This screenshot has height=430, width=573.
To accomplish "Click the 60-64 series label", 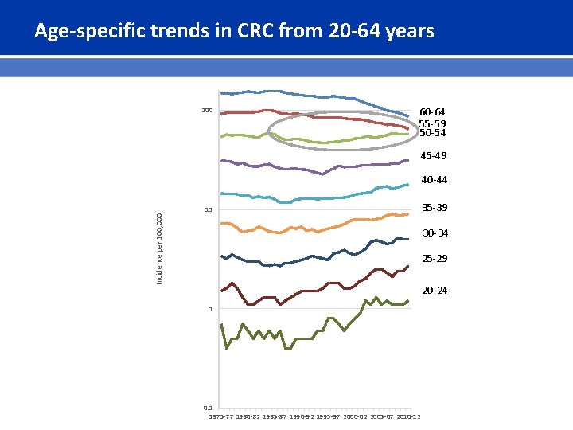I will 432,112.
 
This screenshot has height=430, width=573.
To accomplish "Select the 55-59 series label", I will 432,123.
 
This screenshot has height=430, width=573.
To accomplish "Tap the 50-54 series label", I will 432,134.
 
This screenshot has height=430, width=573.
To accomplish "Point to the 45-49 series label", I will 434,156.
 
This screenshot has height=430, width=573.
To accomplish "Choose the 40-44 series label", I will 434,181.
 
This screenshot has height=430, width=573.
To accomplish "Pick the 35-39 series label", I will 435,208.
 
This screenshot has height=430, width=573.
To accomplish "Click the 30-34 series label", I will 435,233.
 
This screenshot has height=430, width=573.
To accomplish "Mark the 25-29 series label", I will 435,260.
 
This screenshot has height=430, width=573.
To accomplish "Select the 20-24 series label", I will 435,291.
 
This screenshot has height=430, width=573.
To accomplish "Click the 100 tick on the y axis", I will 207,111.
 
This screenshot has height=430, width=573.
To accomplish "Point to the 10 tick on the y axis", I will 209,210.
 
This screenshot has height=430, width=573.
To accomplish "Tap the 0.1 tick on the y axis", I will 209,408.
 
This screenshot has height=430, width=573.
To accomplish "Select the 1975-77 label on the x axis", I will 222,416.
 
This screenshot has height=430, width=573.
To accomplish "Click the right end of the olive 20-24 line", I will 407,301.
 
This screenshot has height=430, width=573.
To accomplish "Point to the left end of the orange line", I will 221,223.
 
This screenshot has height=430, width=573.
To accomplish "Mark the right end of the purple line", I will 407,161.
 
